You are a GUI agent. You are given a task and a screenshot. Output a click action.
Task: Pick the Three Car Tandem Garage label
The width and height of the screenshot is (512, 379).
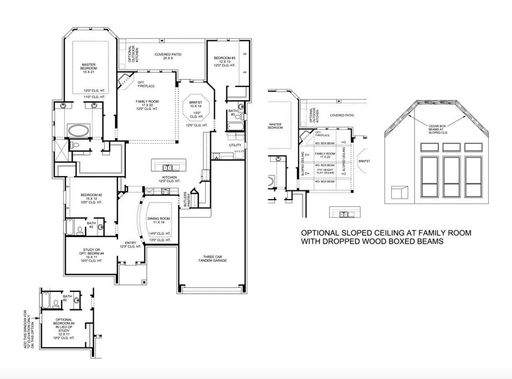click(x=214, y=258)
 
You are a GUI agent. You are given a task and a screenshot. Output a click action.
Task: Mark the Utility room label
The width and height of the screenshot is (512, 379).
click(x=235, y=145)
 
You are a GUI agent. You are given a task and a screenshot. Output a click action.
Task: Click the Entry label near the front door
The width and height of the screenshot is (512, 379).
click(x=131, y=243)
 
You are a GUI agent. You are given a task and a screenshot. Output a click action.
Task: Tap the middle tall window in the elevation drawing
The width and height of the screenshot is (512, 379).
click(x=451, y=175)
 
